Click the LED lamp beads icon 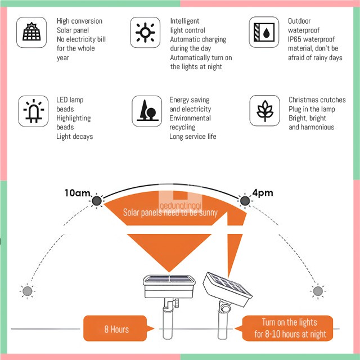[x=31, y=109]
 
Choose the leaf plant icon [x=264, y=109]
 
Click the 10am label [x=77, y=193]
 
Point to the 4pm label [x=263, y=193]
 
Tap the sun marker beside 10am [x=97, y=201]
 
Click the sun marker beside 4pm [x=245, y=200]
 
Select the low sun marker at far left [x=27, y=291]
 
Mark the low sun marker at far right [x=318, y=291]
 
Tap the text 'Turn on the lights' [x=289, y=322]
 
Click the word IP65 [x=296, y=39]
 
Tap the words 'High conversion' [x=79, y=21]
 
